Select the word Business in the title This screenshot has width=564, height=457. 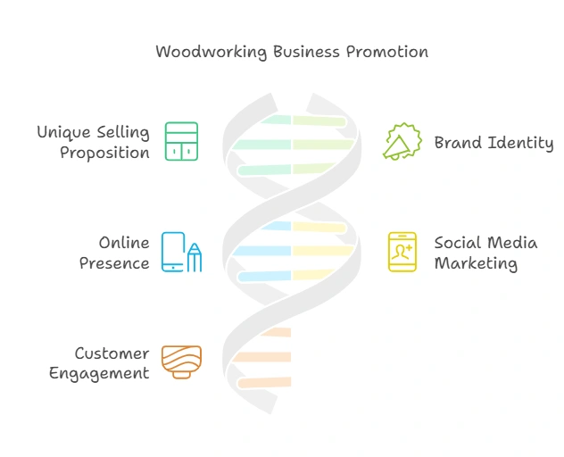tap(300, 52)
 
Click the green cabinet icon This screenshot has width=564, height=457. tap(181, 142)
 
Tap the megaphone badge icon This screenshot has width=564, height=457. tap(402, 142)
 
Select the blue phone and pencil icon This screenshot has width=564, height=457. tap(181, 252)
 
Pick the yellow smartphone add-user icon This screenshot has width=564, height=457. tap(402, 252)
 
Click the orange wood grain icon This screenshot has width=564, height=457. tap(181, 361)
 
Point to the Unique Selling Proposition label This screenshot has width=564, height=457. tap(93, 142)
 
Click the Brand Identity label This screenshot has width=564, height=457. tap(493, 143)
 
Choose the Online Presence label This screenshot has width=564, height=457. tap(114, 253)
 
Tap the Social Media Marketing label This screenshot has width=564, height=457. tap(485, 253)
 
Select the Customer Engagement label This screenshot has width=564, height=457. tap(99, 363)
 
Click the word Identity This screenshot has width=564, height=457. tap(523, 143)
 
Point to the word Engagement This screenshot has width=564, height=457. tap(99, 374)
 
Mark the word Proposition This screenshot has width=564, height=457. tap(104, 153)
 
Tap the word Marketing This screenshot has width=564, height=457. tap(476, 263)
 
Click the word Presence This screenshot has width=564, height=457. tap(114, 263)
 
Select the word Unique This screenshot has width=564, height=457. tap(62, 132)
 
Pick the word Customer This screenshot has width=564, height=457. tap(112, 353)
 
